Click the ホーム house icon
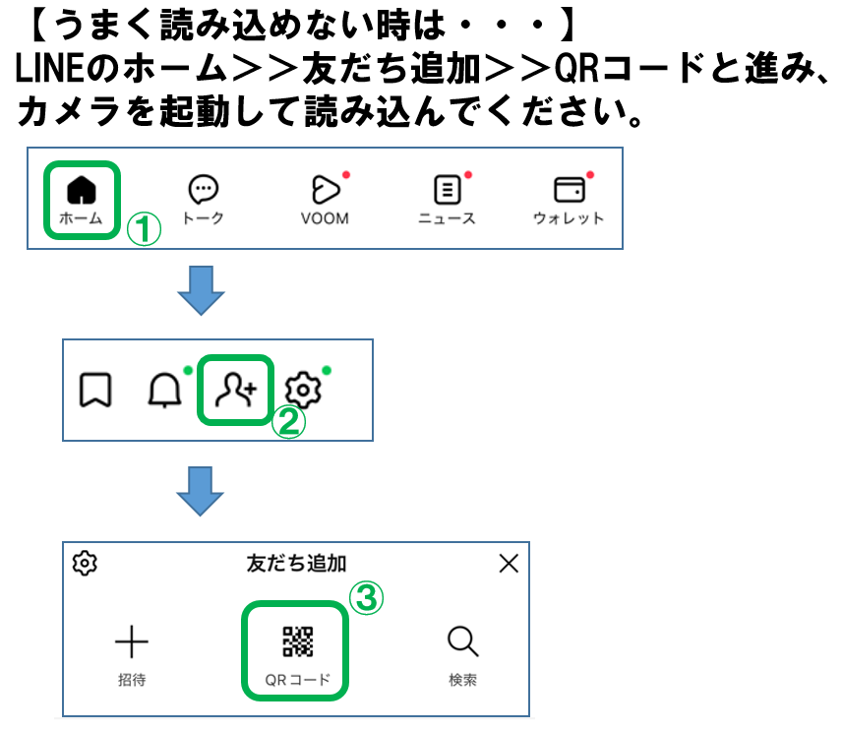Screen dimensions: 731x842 coord(82,188)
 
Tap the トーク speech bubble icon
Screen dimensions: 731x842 coord(203,189)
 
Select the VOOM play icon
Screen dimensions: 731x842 coord(325,189)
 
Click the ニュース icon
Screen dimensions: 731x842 coord(447,189)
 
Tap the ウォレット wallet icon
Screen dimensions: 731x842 coord(568,189)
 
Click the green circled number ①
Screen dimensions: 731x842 coord(144,229)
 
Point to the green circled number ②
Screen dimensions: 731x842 coord(289,422)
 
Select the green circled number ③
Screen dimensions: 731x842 coord(368,597)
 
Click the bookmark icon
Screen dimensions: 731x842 coord(95,391)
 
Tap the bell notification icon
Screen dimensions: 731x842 coord(163,392)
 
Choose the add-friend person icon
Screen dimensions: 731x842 coord(235,391)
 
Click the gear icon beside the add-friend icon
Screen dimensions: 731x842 coord(304,391)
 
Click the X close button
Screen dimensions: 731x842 coord(509,564)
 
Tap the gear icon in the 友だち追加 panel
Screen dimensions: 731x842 coord(86,564)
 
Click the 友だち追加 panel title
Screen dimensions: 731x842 coord(296,564)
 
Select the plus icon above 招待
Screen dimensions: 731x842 coord(132,642)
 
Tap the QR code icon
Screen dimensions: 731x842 coord(297,641)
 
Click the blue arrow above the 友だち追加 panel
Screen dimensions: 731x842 coord(202,491)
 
